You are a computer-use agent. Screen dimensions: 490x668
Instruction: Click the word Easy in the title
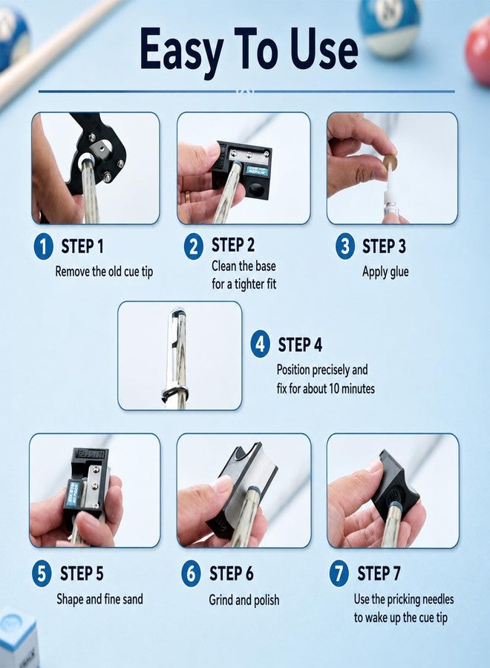click(x=181, y=50)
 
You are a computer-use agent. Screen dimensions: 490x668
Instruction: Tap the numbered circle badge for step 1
click(x=44, y=246)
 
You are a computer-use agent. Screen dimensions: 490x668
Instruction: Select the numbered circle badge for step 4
click(x=261, y=344)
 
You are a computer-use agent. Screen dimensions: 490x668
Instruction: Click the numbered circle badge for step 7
click(x=339, y=574)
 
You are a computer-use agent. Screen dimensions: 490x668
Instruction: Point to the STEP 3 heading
click(x=384, y=246)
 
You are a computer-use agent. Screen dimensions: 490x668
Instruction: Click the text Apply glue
click(x=385, y=272)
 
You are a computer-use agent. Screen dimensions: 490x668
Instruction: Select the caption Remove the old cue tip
click(x=104, y=272)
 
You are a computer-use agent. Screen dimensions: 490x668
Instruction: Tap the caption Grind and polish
click(x=244, y=600)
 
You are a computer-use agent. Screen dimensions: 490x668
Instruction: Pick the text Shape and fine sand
click(x=99, y=599)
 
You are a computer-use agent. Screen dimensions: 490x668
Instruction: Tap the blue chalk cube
click(x=18, y=639)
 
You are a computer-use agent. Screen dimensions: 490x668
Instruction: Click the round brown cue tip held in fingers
click(x=389, y=162)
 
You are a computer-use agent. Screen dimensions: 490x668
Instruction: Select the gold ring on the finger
click(x=188, y=197)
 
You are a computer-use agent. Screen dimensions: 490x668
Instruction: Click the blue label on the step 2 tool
click(x=256, y=171)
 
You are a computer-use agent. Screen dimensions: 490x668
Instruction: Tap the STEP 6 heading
click(x=232, y=574)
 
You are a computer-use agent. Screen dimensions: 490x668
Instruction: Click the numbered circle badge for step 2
click(x=194, y=246)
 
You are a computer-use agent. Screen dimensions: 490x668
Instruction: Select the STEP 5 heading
click(x=82, y=574)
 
